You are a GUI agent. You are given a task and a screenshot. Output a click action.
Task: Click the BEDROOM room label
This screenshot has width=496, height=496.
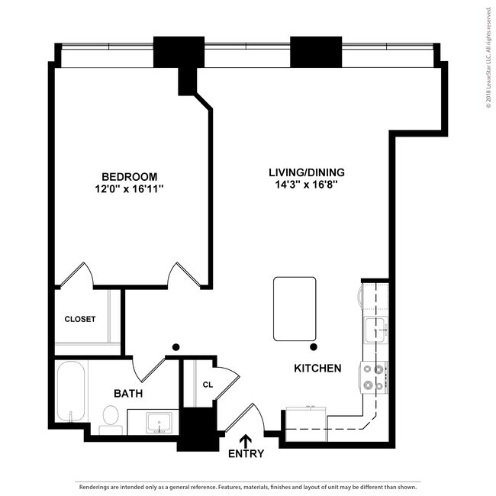(130, 176)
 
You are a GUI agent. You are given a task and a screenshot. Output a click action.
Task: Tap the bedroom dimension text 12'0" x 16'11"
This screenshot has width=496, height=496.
(130, 188)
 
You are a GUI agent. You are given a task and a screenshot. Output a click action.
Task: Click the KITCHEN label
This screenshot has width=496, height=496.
(317, 369)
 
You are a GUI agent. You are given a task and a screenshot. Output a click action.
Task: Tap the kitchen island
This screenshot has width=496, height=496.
(295, 309)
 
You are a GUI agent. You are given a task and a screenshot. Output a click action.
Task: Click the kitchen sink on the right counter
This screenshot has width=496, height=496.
(375, 330)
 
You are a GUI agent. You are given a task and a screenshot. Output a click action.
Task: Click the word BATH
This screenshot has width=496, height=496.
(128, 394)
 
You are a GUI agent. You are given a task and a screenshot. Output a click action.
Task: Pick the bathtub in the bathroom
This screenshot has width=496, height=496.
(72, 392)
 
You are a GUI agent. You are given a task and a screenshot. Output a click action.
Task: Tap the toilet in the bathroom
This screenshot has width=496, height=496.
(111, 418)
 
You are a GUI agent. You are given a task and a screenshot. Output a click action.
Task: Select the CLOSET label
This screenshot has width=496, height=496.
(80, 319)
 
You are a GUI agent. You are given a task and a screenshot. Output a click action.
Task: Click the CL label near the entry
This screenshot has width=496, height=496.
(208, 385)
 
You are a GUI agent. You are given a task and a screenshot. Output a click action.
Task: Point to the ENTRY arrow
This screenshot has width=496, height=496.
(246, 440)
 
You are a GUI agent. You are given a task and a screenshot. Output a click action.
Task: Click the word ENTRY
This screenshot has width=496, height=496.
(246, 454)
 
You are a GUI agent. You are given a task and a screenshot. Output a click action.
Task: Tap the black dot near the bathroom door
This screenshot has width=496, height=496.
(176, 347)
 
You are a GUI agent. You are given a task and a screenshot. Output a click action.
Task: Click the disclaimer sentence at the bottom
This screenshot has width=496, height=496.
(248, 486)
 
